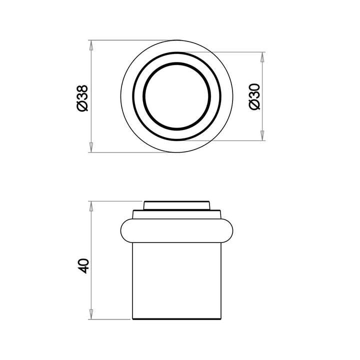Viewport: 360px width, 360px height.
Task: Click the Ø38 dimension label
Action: [82, 98]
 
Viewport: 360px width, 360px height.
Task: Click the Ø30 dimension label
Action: [254, 97]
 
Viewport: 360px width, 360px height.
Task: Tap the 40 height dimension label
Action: [83, 266]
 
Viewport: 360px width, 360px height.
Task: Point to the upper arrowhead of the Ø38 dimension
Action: [91, 45]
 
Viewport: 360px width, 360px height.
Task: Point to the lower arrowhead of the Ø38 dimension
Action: [91, 147]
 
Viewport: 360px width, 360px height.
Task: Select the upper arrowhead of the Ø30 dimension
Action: [262, 57]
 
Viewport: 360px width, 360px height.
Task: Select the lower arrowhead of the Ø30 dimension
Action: [262, 135]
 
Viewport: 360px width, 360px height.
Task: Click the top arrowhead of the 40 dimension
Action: [91, 206]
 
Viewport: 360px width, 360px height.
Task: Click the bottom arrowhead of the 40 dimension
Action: [91, 314]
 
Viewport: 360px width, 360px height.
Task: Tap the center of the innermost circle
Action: [176, 96]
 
